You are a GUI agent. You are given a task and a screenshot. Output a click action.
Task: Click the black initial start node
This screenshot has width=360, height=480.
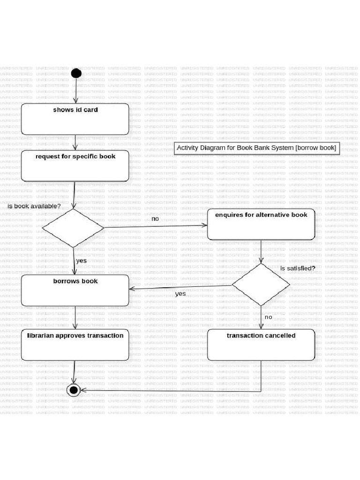pos(76,73)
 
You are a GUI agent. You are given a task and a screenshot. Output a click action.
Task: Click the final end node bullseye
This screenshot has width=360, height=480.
pos(74,390)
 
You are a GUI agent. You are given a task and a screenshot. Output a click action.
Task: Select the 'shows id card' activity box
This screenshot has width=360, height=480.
pos(75,119)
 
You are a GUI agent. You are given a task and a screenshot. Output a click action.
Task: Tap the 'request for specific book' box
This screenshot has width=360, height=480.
pos(75,165)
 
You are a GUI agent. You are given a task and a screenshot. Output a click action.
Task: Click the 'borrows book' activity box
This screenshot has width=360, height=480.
pos(75,290)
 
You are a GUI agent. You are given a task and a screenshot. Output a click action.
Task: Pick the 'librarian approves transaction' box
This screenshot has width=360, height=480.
pos(75,345)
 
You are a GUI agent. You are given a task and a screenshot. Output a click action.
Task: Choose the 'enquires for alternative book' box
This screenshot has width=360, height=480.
pos(261,224)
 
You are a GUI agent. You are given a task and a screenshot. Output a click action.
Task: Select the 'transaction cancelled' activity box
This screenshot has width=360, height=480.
pos(261,345)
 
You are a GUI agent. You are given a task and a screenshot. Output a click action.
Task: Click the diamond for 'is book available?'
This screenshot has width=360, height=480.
pos(73,228)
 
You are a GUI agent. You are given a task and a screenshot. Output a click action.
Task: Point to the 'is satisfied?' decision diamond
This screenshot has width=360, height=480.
pos(261,285)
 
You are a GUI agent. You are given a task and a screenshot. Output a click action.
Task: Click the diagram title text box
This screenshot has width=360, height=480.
pos(256,148)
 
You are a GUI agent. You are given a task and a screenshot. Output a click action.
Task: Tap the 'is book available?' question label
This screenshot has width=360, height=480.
pos(34,206)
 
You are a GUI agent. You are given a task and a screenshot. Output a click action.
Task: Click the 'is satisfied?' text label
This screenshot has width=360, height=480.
pos(298,268)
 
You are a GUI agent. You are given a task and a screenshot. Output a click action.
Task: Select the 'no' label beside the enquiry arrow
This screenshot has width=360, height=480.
pos(155,219)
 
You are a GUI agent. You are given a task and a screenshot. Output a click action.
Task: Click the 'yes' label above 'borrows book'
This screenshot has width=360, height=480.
pos(81,261)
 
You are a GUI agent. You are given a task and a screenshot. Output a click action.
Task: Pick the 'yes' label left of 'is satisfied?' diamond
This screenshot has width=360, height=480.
pos(180,294)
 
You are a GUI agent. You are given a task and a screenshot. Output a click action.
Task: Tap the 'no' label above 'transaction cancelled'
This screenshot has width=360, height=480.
pos(268,317)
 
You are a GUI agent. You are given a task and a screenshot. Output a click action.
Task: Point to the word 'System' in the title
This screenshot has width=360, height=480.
pos(279,148)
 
